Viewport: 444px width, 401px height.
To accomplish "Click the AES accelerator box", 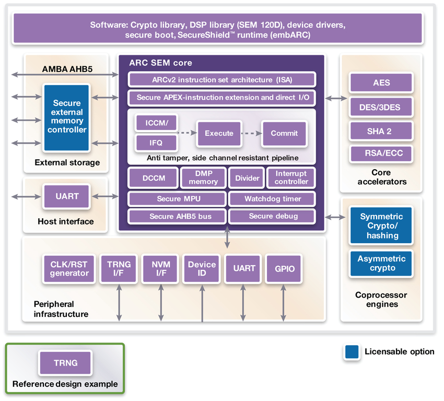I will [x=381, y=82].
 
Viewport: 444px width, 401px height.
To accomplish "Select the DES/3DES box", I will [x=381, y=107].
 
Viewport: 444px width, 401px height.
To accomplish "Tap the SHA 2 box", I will [x=381, y=131].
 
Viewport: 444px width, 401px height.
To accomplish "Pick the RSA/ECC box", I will [x=381, y=154].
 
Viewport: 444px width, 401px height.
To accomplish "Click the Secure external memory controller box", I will [x=67, y=117].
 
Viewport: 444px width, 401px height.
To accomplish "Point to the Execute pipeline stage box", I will [x=219, y=133].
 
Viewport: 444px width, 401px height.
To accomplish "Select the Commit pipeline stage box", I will [x=284, y=133].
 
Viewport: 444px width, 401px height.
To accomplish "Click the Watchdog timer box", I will [x=272, y=198].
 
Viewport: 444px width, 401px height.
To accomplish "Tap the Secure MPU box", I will [x=178, y=198].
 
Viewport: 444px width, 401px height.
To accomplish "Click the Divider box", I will [x=247, y=178].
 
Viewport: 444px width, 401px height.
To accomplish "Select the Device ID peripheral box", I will [x=202, y=269].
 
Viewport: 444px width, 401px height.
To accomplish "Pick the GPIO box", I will [x=284, y=269].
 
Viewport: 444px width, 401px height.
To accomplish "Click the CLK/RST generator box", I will [x=69, y=269].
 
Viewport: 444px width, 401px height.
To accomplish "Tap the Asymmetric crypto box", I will [x=381, y=264].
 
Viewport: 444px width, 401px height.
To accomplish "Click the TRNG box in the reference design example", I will [x=65, y=363].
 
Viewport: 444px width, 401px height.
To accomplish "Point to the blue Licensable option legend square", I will [x=352, y=352].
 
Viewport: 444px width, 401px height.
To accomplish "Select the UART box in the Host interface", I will [x=67, y=196].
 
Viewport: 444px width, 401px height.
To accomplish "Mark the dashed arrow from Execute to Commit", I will [x=251, y=133].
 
